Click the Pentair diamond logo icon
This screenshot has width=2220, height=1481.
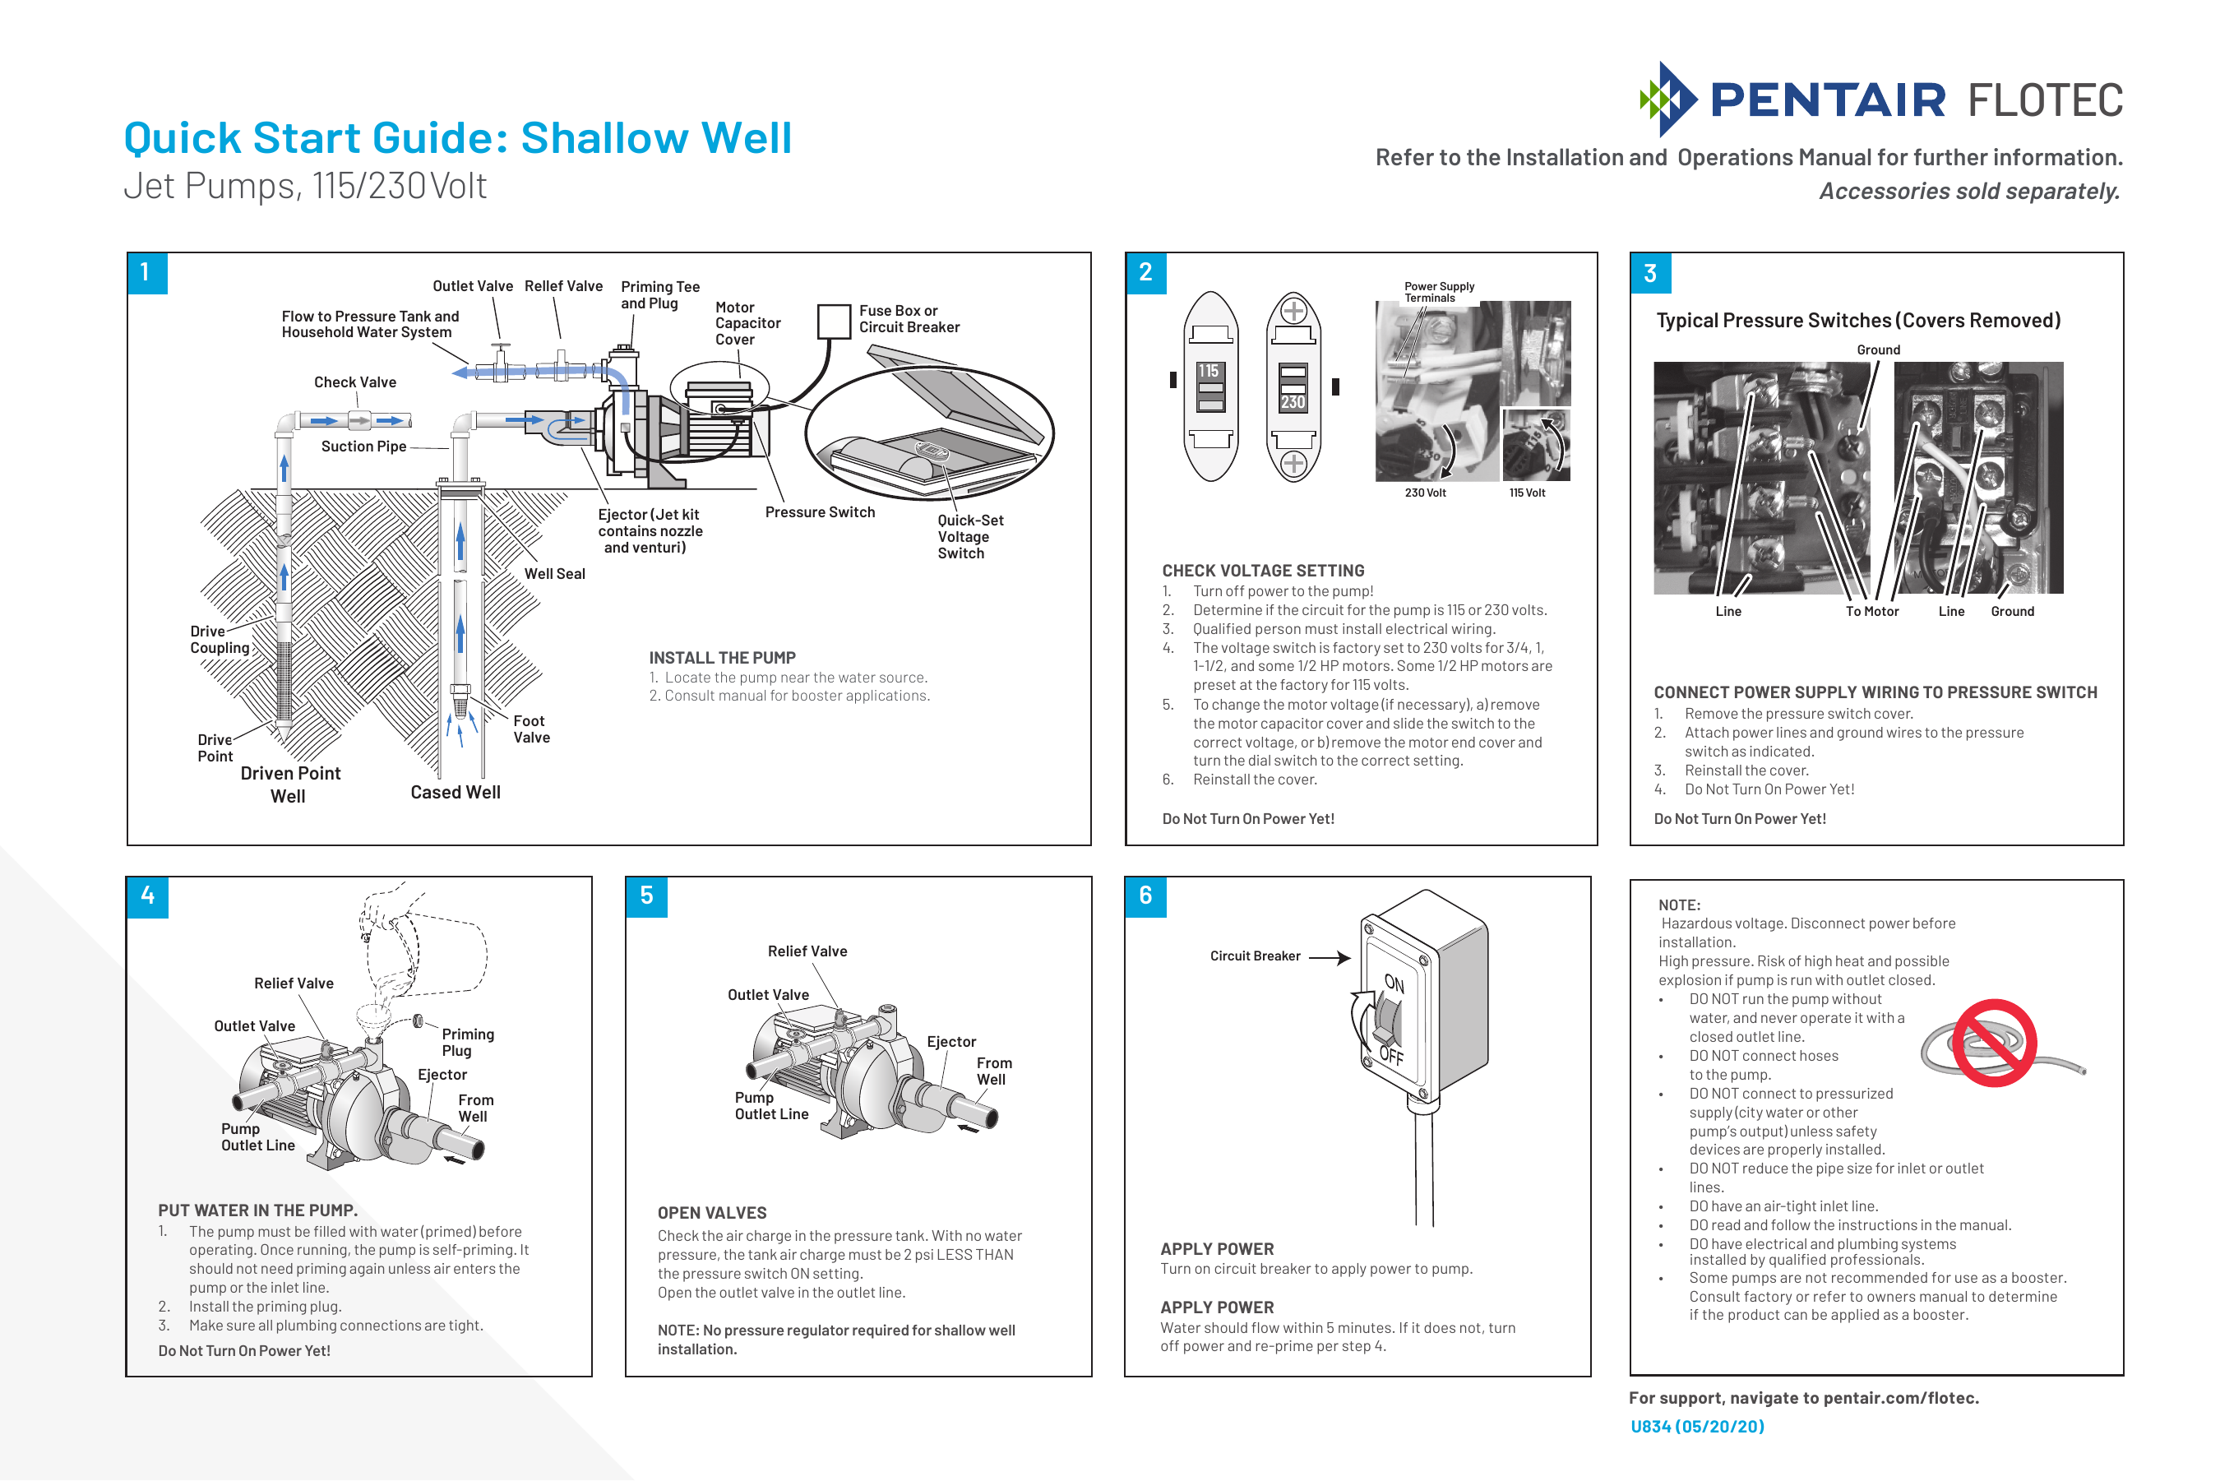pos(1667,100)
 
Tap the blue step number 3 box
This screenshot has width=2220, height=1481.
pos(1649,274)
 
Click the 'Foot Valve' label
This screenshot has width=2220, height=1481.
pos(530,729)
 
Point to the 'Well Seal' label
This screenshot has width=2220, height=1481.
pos(554,574)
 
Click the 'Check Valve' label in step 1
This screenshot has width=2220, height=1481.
pos(355,382)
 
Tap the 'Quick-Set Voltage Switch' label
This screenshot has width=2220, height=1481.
pos(969,536)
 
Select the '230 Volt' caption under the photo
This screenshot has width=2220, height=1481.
pos(1425,493)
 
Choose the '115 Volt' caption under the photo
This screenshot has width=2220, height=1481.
pos(1527,493)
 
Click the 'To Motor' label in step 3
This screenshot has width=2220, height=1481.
pos(1871,612)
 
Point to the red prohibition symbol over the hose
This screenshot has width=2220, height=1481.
pos(1993,1043)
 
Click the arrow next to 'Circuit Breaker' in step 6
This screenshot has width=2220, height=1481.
pos(1330,958)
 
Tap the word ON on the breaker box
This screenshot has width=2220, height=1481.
pos(1394,983)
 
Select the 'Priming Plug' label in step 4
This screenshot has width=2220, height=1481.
pos(467,1043)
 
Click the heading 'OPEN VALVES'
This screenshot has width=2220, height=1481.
pos(712,1213)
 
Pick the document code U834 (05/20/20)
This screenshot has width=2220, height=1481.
pos(1697,1426)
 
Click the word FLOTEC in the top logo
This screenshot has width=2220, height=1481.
pos(2046,101)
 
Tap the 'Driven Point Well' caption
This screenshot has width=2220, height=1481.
pos(290,784)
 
